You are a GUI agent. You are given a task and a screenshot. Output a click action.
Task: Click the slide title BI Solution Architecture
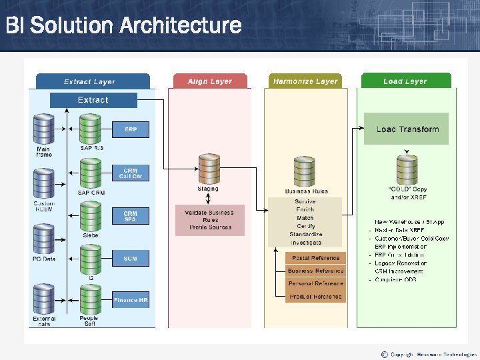tap(123, 26)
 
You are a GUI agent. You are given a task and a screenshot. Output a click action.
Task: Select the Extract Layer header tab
tap(90, 81)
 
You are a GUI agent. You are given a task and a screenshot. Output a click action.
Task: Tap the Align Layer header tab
tap(209, 81)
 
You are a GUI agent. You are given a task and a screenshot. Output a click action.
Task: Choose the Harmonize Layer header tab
tap(305, 81)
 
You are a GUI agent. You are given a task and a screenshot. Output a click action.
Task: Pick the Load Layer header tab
tap(405, 81)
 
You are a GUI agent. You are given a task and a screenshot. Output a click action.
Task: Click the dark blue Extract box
tap(93, 100)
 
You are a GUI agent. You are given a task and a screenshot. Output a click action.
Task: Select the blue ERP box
tap(130, 129)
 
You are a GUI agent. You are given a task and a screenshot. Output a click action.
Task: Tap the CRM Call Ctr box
tap(130, 173)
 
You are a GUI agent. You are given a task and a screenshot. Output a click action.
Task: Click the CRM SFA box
tap(130, 216)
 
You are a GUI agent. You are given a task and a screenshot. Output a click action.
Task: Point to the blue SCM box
tap(130, 258)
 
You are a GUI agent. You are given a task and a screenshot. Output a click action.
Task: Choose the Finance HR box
tap(130, 300)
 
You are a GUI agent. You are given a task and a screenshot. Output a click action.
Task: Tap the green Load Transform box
tap(407, 129)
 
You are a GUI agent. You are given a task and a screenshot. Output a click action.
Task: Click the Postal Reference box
tap(316, 258)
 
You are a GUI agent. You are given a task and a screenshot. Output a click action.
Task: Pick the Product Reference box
tap(316, 297)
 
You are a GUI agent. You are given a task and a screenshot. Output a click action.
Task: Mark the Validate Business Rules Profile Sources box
tap(209, 220)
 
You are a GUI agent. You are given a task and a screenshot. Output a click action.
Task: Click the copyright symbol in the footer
tap(384, 353)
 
